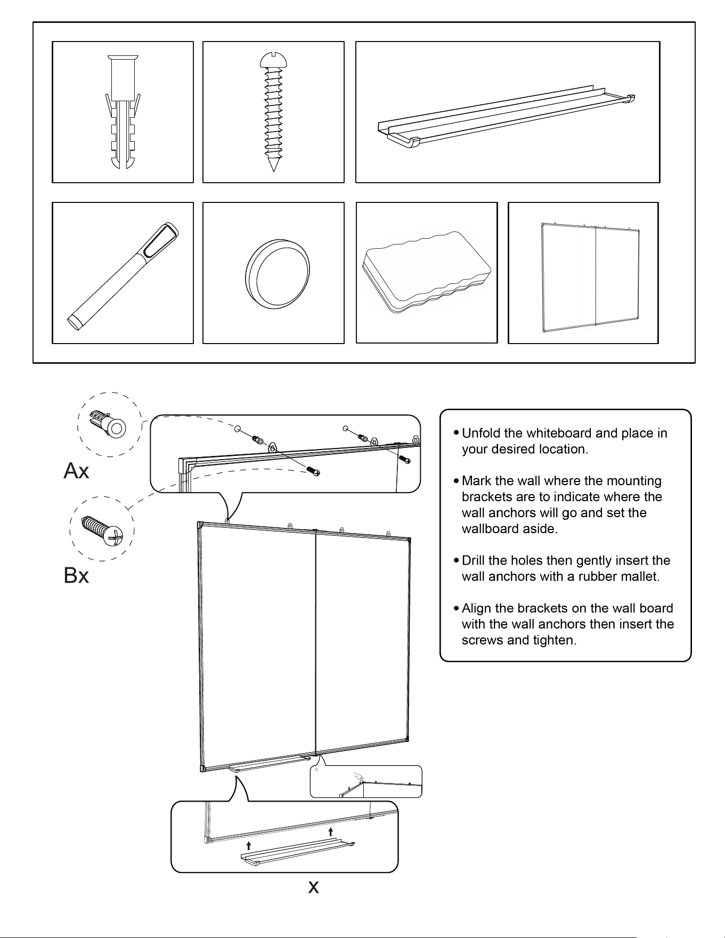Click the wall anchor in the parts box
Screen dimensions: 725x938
click(x=123, y=111)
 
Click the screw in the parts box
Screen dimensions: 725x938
click(x=273, y=111)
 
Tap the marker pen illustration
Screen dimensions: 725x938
click(x=123, y=276)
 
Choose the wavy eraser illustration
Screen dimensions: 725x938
click(x=426, y=272)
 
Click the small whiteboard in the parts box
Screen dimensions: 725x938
click(x=590, y=277)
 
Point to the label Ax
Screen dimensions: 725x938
click(x=76, y=471)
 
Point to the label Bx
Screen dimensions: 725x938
click(x=76, y=575)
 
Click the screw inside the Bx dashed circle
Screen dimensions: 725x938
click(x=102, y=531)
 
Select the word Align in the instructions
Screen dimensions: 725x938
click(x=476, y=608)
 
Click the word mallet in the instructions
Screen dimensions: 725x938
click(x=640, y=576)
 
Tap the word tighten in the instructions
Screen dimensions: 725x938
click(x=555, y=640)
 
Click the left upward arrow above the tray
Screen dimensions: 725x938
click(x=248, y=845)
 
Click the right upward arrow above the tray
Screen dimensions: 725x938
click(x=331, y=832)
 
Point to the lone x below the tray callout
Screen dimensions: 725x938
click(x=314, y=887)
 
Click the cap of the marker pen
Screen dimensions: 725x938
click(x=162, y=240)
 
